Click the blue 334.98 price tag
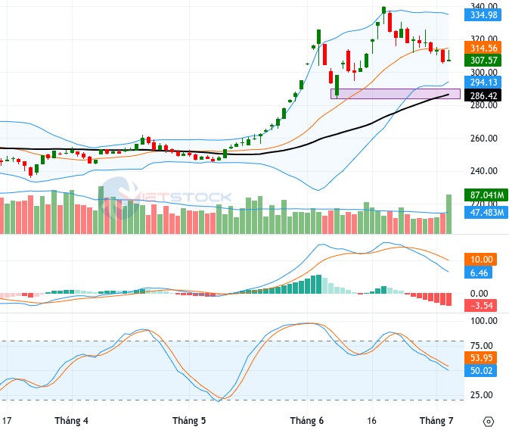[483, 15]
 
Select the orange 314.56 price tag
[483, 48]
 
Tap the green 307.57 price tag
[483, 60]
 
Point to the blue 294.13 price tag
[483, 83]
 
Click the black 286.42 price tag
[483, 95]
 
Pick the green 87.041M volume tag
[486, 195]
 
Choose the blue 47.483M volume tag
[486, 213]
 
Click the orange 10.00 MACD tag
[480, 260]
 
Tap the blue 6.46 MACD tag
[479, 273]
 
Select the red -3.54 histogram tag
[480, 306]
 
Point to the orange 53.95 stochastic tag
[480, 357]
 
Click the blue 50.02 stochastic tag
[480, 370]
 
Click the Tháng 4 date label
[71, 421]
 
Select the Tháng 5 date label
[189, 421]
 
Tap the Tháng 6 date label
[307, 421]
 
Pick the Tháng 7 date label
[436, 421]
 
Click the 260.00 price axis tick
[484, 138]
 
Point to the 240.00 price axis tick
[484, 170]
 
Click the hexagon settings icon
[489, 422]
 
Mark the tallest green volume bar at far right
[449, 214]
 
